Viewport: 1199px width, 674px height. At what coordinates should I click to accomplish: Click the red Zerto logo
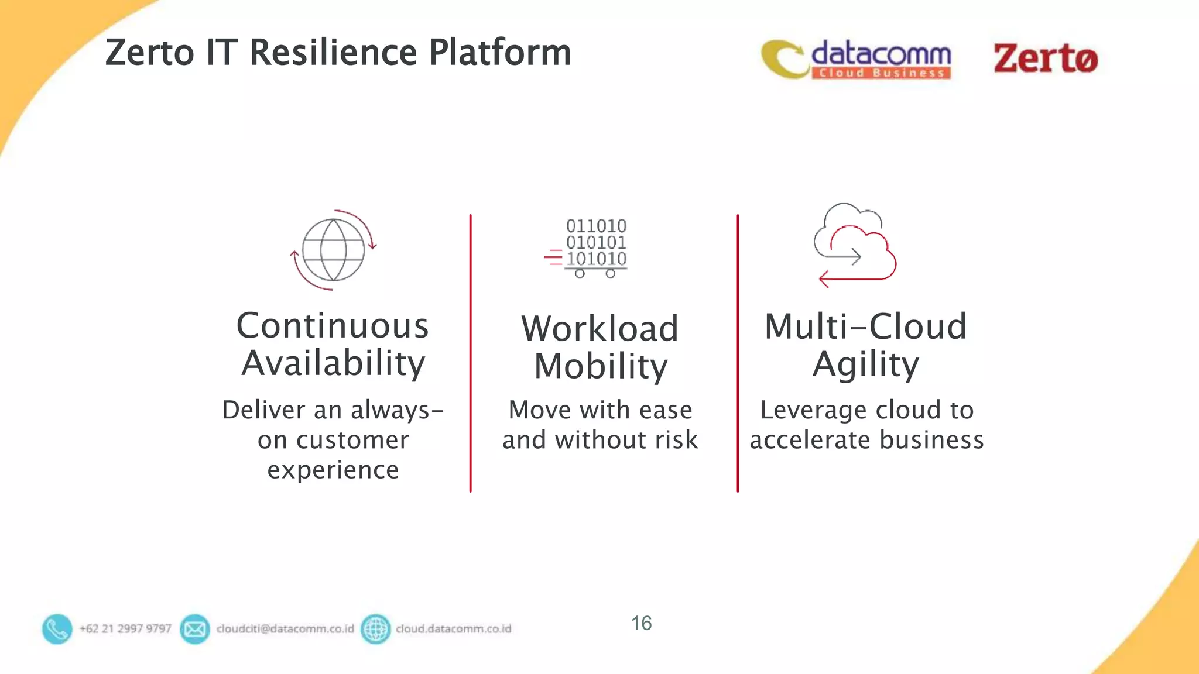(x=1045, y=59)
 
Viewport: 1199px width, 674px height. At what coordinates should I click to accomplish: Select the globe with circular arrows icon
(x=333, y=250)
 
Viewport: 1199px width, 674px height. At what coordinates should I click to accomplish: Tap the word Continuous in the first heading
(x=333, y=326)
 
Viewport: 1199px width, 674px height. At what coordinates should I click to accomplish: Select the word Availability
(x=333, y=364)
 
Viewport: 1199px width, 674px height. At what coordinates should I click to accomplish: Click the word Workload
(x=600, y=328)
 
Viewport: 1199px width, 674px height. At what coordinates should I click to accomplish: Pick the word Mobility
(x=601, y=367)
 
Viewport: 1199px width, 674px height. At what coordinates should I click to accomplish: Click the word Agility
(x=865, y=365)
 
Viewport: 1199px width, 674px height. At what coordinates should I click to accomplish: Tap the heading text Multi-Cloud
(x=865, y=326)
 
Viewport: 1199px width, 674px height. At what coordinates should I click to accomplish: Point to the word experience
(x=333, y=470)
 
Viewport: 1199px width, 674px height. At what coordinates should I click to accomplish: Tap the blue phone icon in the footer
(x=57, y=629)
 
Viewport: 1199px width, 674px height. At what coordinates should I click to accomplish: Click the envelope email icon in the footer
(x=195, y=629)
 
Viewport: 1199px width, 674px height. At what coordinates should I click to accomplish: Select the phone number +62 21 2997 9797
(x=125, y=629)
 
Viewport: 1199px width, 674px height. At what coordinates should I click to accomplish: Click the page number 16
(x=641, y=623)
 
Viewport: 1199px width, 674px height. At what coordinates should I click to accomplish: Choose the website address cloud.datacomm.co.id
(x=453, y=629)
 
